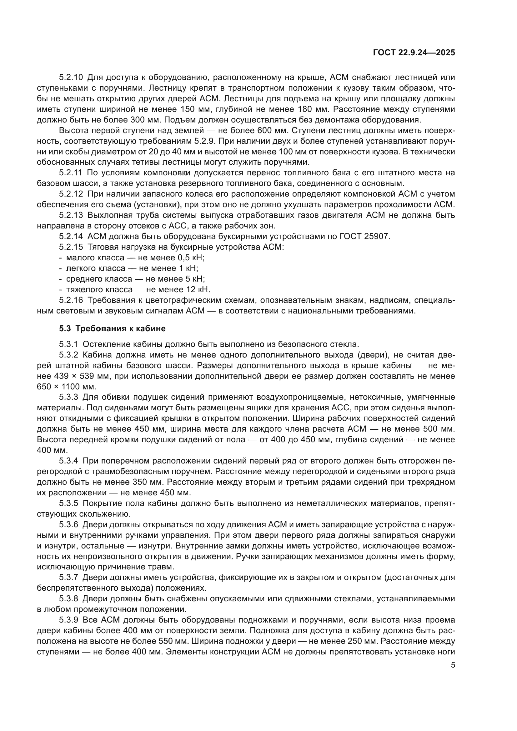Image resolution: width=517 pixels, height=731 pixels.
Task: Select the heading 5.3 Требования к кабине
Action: (x=112, y=328)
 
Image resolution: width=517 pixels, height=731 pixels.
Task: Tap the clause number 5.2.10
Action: (x=71, y=78)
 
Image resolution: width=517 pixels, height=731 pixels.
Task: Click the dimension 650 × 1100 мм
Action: (x=66, y=387)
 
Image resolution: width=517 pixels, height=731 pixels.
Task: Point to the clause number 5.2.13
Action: (x=71, y=215)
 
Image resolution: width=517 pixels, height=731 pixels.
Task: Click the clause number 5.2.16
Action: (x=71, y=300)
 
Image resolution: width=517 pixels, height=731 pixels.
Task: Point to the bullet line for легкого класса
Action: (x=128, y=268)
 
